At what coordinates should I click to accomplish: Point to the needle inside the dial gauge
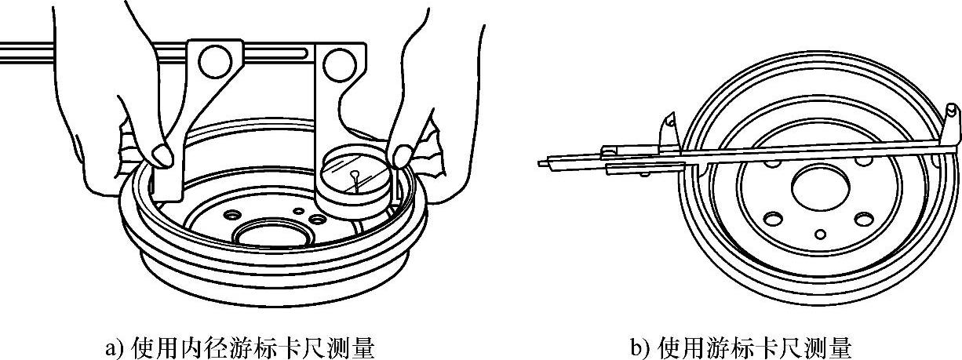click(356, 179)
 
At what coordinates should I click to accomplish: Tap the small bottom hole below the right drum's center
click(819, 233)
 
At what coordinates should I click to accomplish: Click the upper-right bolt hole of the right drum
click(865, 161)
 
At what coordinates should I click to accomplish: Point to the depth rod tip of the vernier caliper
click(544, 163)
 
